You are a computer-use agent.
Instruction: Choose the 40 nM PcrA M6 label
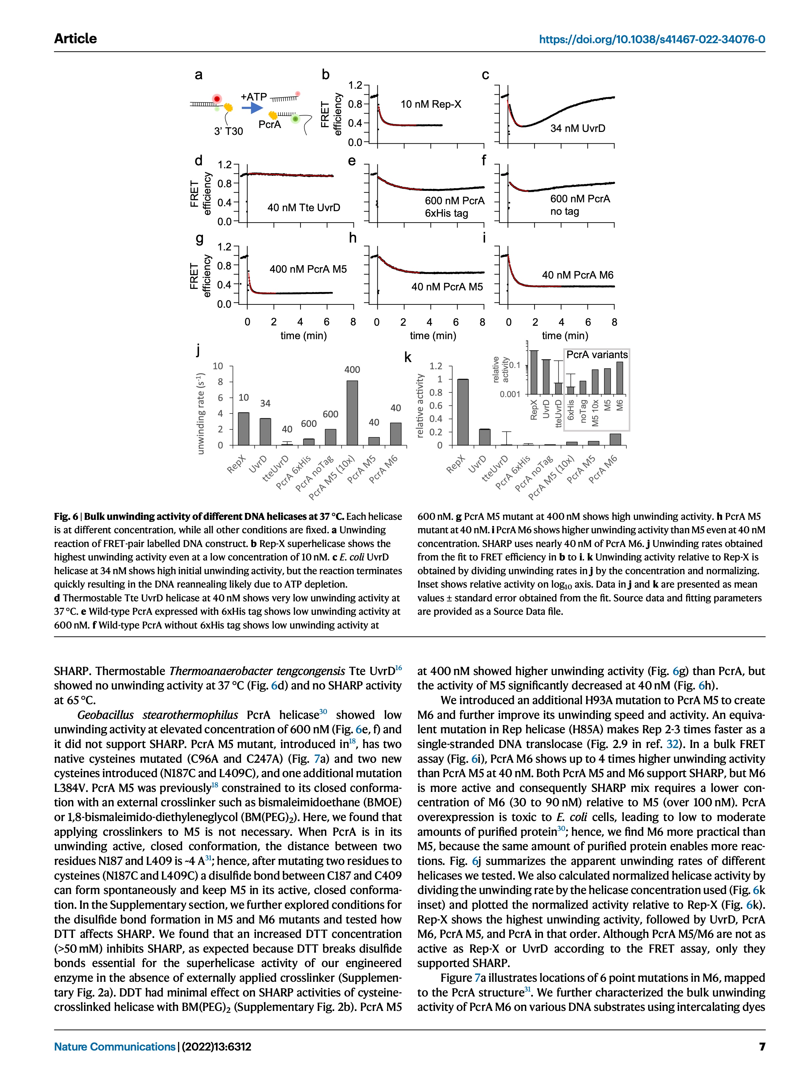tap(577, 275)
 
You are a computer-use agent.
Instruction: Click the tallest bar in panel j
tap(352, 413)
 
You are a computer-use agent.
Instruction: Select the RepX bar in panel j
tap(244, 429)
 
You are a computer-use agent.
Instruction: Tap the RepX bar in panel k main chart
tap(463, 412)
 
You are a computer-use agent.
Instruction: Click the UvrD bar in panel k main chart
tap(484, 437)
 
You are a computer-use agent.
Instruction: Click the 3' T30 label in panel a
tap(228, 131)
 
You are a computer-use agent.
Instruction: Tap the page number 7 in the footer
tap(761, 1046)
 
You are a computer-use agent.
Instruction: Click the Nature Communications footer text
tap(114, 1046)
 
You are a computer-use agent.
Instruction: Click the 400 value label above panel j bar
tap(352, 370)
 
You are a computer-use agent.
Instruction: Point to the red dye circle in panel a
tap(217, 99)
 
